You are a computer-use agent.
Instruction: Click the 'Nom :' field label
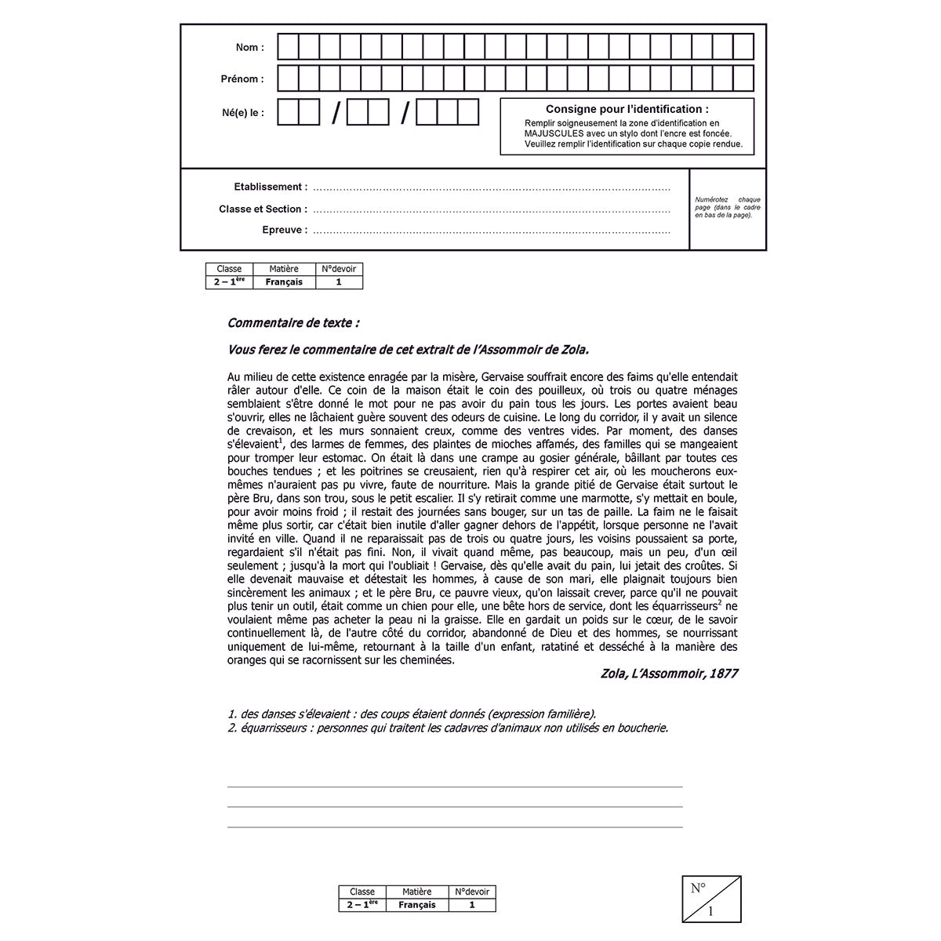tap(250, 48)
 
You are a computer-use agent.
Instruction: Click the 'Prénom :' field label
tap(242, 79)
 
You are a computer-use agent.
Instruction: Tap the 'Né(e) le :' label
tap(243, 113)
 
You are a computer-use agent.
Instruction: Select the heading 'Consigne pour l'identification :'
tap(627, 109)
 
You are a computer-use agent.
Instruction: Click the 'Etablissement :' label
tap(271, 187)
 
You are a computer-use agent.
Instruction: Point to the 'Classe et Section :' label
tap(263, 209)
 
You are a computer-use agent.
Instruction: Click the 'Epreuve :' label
tap(285, 231)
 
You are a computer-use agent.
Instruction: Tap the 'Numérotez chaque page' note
tap(727, 207)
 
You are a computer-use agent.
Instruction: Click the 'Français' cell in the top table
tap(284, 282)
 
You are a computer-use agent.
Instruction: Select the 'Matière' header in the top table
tap(284, 269)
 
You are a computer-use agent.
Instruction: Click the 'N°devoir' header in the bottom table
tap(472, 892)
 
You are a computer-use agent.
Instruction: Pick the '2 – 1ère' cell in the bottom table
tap(362, 905)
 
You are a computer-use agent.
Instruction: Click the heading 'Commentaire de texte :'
tap(293, 323)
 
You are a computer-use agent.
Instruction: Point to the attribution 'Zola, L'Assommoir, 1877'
tap(669, 674)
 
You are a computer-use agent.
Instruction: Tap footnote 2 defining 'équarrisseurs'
tap(448, 728)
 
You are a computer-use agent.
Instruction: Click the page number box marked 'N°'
tap(711, 899)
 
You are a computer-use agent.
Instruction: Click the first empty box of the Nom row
tap(288, 47)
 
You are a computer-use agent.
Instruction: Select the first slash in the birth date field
tap(336, 114)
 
